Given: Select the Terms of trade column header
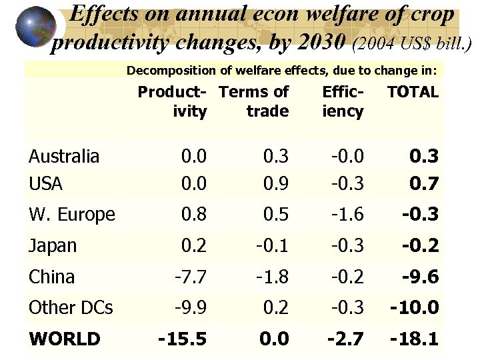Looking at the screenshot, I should pos(254,101).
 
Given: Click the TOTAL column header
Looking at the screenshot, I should pos(413,93).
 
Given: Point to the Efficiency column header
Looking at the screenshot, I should pos(343,101).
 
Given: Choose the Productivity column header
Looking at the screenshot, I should pos(173,101).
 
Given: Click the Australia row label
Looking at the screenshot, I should pos(64,157).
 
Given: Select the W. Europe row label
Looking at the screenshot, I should pos(72,215).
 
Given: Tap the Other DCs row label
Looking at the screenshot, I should pos(71,308).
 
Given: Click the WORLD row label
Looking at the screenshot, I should pos(64,339).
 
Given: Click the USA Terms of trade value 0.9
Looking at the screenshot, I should pos(276,182).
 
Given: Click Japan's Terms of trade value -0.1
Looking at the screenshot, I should pos(273,246).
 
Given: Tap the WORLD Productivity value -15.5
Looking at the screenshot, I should pos(182,339).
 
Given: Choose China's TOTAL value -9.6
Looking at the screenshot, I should pos(420,277).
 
